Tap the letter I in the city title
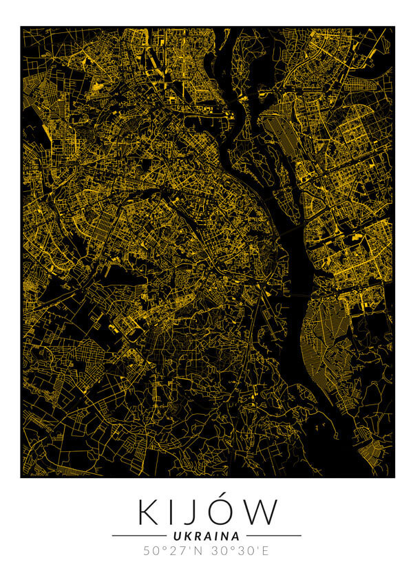(172, 512)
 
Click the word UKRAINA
(206, 535)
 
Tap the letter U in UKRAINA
(178, 535)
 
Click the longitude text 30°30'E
(240, 551)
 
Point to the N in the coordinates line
(196, 551)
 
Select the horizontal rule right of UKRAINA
(273, 535)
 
